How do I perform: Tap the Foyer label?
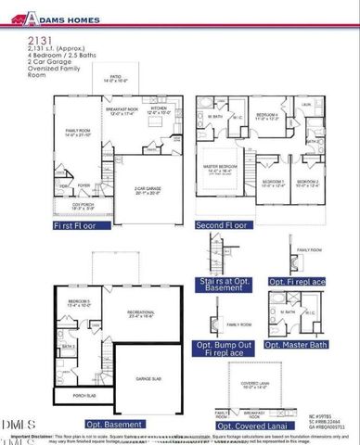click(x=84, y=184)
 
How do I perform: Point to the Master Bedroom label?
click(x=226, y=169)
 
